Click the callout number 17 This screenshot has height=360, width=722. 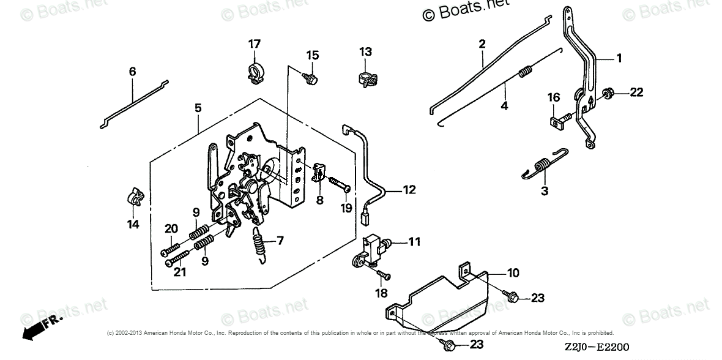[x=255, y=43]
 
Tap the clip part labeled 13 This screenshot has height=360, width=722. [x=367, y=78]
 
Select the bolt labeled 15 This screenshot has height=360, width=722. [x=310, y=77]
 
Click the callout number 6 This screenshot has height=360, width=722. [x=132, y=72]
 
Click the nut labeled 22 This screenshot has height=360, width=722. [x=609, y=93]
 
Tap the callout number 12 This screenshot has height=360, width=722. [x=409, y=190]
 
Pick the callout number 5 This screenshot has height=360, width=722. [x=198, y=108]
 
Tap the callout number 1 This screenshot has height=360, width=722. [x=619, y=58]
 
